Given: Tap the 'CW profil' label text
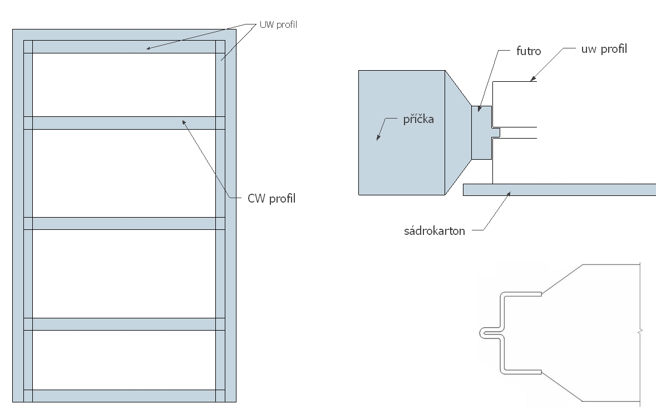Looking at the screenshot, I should pyautogui.click(x=271, y=199).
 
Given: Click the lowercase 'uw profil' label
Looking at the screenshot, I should pyautogui.click(x=603, y=49).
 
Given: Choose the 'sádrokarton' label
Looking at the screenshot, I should pyautogui.click(x=434, y=230).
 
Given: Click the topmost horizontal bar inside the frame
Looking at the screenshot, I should pyautogui.click(x=124, y=47).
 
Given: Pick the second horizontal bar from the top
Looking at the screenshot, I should pyautogui.click(x=124, y=123).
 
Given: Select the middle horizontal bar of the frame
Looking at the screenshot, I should pyautogui.click(x=124, y=223).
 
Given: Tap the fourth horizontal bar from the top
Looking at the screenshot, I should pyautogui.click(x=124, y=324).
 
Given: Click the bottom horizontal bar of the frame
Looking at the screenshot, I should pyautogui.click(x=124, y=396).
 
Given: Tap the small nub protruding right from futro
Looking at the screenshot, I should pyautogui.click(x=496, y=132).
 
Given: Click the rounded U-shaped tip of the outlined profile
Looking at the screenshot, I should pyautogui.click(x=482, y=333).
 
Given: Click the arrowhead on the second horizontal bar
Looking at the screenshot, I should pyautogui.click(x=184, y=120).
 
